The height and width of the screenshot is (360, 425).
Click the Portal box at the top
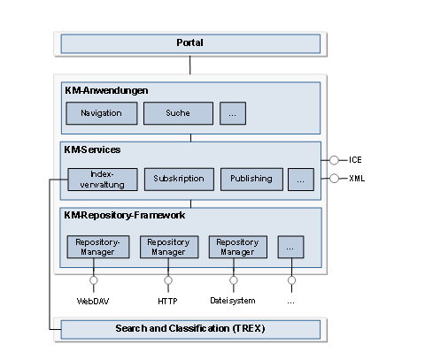(190, 43)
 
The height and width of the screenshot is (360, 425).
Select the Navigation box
(102, 113)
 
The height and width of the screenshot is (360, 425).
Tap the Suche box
(178, 113)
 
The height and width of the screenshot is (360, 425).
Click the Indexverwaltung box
(103, 180)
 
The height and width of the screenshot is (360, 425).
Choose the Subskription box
(179, 180)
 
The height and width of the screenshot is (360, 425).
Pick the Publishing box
(251, 180)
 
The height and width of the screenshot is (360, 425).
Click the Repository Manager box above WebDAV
(98, 247)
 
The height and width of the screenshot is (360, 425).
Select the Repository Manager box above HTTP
(169, 247)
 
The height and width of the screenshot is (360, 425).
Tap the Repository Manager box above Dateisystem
(238, 247)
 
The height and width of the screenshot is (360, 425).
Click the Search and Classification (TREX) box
(190, 329)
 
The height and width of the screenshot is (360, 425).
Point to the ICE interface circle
(334, 160)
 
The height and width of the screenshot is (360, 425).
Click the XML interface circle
(334, 179)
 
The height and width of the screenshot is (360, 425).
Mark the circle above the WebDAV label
(94, 280)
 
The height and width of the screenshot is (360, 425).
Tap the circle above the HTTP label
(168, 280)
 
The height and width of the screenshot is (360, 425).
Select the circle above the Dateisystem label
(234, 280)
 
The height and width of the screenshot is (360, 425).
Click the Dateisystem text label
(233, 301)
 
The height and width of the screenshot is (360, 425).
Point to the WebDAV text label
(93, 301)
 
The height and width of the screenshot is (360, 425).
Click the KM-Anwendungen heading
(106, 90)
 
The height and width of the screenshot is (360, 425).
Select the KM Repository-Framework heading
(125, 216)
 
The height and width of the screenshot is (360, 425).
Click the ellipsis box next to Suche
(233, 113)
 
